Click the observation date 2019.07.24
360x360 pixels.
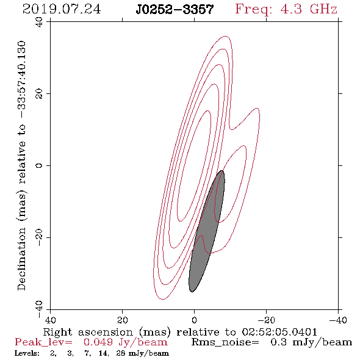pyautogui.click(x=62, y=9)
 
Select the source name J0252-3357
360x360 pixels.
pyautogui.click(x=175, y=9)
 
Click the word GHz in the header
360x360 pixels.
pyautogui.click(x=323, y=9)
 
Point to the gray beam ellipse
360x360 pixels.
pyautogui.click(x=206, y=231)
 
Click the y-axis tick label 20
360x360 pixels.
pyautogui.click(x=39, y=94)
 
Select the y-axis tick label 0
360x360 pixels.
pyautogui.click(x=39, y=165)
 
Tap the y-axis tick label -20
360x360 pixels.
pyautogui.click(x=39, y=237)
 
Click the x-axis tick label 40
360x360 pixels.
pyautogui.click(x=50, y=320)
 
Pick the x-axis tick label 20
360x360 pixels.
pyautogui.click(x=122, y=320)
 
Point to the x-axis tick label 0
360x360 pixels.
pyautogui.click(x=194, y=320)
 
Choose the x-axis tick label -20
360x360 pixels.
pyautogui.click(x=266, y=320)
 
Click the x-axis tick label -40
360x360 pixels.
pyautogui.click(x=338, y=320)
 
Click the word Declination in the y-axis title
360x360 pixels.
pyautogui.click(x=21, y=259)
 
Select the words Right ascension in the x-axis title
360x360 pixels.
pyautogui.click(x=88, y=333)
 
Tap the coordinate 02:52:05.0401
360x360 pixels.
pyautogui.click(x=279, y=332)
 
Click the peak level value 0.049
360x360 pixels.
pyautogui.click(x=98, y=342)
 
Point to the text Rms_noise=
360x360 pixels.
pyautogui.click(x=225, y=342)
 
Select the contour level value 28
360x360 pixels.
pyautogui.click(x=121, y=353)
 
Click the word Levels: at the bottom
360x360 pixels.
pyautogui.click(x=27, y=353)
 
